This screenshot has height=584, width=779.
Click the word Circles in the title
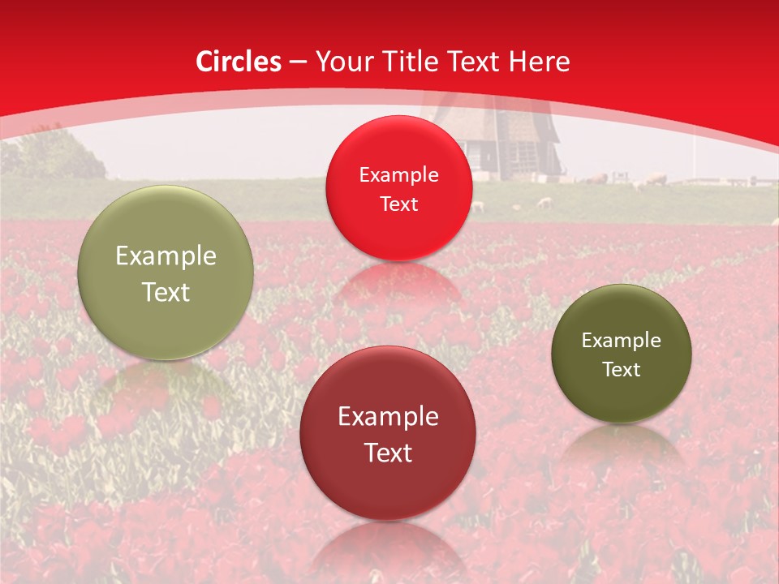239,62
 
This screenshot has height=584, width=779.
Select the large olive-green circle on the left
166,273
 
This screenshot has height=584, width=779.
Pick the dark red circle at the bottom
388,432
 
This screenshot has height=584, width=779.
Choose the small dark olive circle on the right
622,354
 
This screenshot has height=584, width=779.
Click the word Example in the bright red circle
398,175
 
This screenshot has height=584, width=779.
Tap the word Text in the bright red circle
398,204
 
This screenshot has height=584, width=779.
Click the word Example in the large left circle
166,256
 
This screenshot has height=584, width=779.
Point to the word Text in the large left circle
166,292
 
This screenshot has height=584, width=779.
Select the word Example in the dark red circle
388,417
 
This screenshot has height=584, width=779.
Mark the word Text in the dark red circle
388,453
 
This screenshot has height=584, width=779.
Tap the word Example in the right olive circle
622,341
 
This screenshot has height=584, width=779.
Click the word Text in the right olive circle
622,370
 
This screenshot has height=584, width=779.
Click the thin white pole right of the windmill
695,158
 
